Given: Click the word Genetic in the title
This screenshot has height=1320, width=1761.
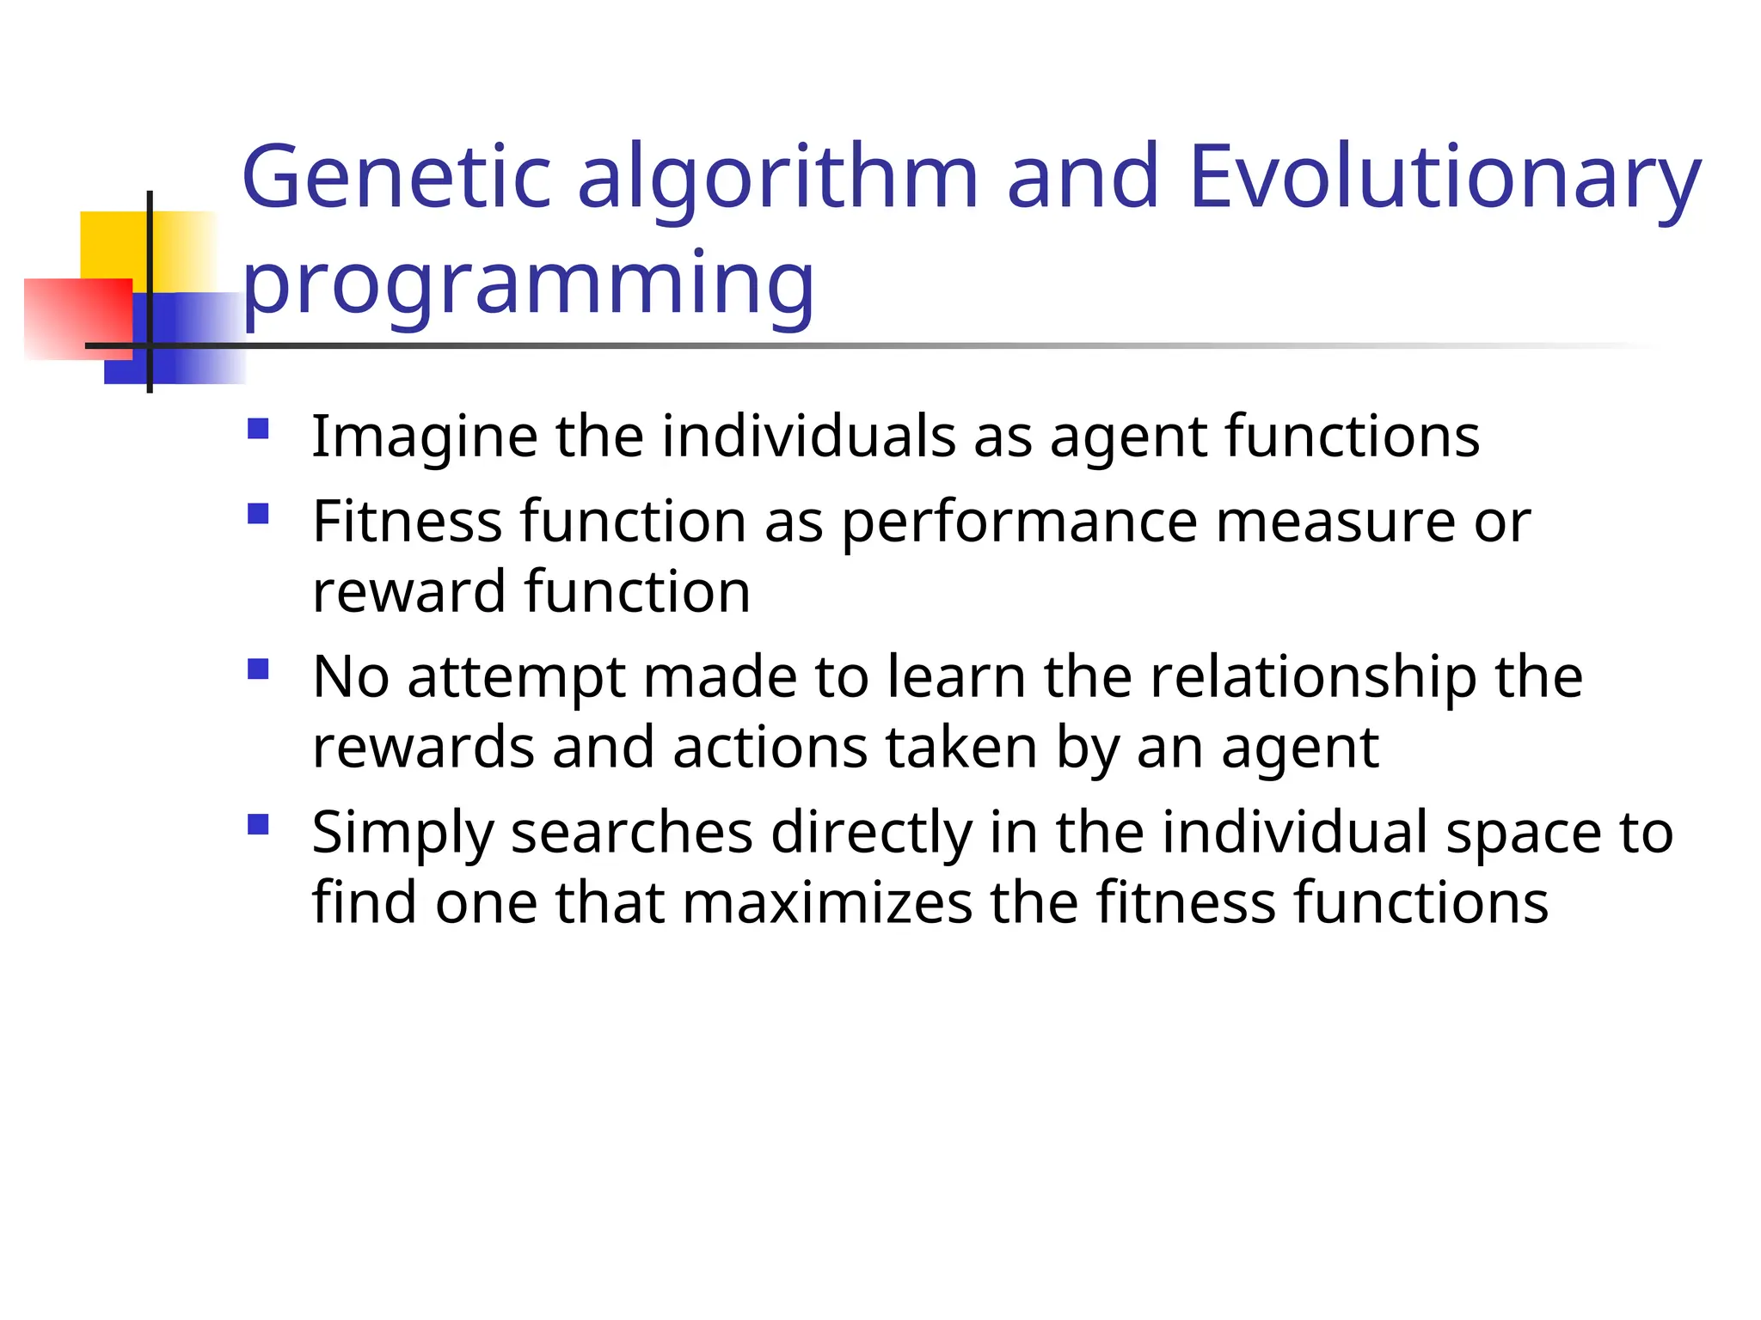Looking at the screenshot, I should pyautogui.click(x=396, y=177).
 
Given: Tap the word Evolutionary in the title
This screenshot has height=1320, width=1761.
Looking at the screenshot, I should pyautogui.click(x=1445, y=177).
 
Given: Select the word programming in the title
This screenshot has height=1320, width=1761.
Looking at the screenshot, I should pyautogui.click(x=528, y=284).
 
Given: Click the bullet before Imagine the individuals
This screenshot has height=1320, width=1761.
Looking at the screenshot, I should pyautogui.click(x=258, y=429).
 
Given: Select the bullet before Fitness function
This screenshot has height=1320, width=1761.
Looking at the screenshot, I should pyautogui.click(x=258, y=514).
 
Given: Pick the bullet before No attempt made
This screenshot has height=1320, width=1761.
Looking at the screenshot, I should pyautogui.click(x=258, y=669).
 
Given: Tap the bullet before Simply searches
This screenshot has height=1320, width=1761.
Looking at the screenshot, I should pyautogui.click(x=258, y=825).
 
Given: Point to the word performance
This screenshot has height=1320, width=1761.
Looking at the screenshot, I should pyautogui.click(x=1019, y=522).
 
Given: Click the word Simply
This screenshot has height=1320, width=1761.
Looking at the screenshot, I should pyautogui.click(x=402, y=834).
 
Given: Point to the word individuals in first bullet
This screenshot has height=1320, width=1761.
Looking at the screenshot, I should pyautogui.click(x=808, y=437).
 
